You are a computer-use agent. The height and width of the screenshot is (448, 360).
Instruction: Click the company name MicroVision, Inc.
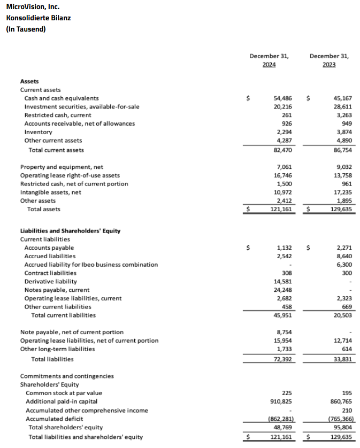33,7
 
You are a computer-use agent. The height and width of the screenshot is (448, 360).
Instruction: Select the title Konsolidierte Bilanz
39,18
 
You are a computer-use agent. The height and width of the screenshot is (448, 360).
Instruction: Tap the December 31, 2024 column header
269,60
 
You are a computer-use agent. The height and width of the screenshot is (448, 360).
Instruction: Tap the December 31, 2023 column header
329,60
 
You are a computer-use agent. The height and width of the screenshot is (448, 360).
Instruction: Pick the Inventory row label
39,132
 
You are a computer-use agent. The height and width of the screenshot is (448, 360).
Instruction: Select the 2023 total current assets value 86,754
342,150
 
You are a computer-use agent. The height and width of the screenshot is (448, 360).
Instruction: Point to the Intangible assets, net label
50,192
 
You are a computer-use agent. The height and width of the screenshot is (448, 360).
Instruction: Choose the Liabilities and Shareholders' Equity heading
70,231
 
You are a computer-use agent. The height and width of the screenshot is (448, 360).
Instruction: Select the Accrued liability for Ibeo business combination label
91,265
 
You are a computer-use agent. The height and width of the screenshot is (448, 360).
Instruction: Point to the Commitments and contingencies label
67,376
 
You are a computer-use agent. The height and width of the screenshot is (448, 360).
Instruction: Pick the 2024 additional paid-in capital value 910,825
280,400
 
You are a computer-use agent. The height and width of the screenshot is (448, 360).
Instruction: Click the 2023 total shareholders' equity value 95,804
342,427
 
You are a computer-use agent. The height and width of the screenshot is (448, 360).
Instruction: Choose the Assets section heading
29,81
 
